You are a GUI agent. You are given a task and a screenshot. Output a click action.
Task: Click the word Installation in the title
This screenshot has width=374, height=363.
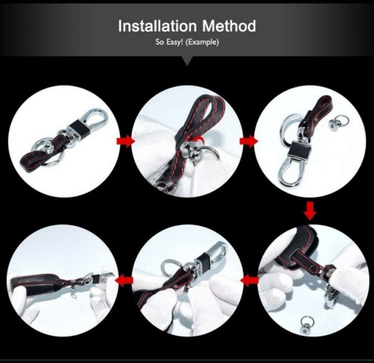[157, 26]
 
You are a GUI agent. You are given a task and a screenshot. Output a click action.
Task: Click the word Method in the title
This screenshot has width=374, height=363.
[229, 26]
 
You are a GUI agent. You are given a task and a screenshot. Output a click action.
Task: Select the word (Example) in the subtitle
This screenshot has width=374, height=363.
[202, 42]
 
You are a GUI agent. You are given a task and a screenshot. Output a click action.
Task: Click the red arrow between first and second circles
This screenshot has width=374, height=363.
[125, 141]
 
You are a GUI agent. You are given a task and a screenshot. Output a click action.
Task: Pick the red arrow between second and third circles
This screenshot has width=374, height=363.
[249, 141]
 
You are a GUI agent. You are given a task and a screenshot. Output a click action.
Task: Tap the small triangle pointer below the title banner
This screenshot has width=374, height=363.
[187, 60]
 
